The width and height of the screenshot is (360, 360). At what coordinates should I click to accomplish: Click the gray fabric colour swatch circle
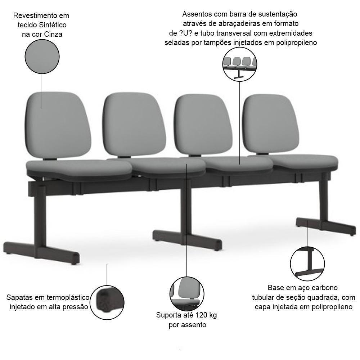coord(42,57)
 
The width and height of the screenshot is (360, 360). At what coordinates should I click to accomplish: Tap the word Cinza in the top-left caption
coord(53,35)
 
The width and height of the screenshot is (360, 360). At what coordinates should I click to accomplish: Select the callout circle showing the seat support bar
coord(240,64)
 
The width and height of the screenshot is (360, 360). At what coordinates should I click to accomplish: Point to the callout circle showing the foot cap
coord(107,302)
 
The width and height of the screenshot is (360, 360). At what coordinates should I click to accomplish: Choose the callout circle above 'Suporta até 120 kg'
coord(187,294)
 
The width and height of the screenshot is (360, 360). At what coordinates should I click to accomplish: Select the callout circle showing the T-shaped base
coord(307,264)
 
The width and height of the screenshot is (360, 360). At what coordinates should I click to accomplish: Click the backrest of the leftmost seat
coord(58,125)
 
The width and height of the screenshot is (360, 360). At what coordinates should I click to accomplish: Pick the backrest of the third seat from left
coord(203,125)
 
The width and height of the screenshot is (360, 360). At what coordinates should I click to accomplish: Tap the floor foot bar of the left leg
coord(41,253)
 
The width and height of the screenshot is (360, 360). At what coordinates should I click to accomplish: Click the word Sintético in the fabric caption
coord(53,25)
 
